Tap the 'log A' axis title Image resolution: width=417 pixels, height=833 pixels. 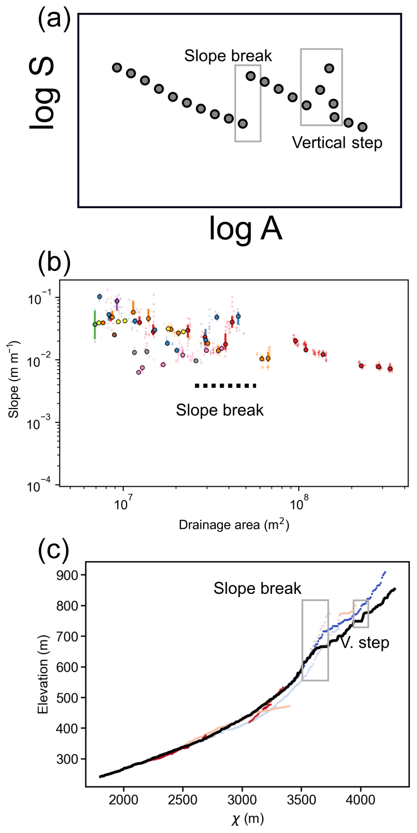[245, 229]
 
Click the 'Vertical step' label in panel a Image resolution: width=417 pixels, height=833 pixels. [337, 143]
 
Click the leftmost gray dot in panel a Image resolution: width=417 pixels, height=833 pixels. [117, 68]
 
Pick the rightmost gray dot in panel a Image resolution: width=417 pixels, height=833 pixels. [363, 127]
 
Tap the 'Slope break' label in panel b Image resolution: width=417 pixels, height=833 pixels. [220, 411]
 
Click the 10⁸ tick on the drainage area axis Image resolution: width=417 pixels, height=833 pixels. [299, 506]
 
